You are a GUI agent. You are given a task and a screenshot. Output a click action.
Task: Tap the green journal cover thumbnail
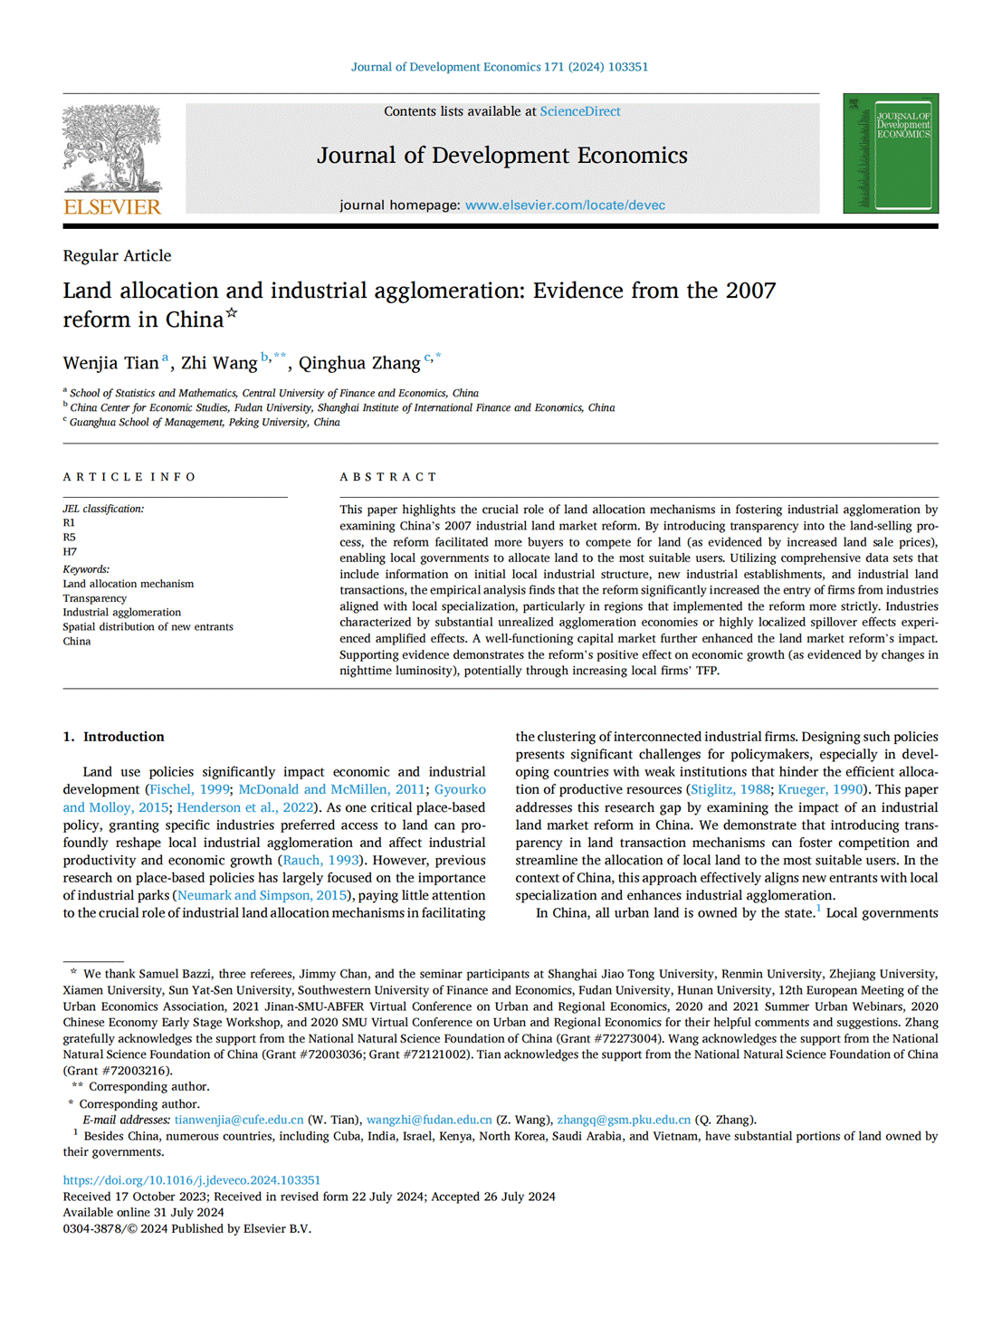(890, 153)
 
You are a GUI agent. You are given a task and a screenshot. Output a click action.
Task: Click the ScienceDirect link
(580, 111)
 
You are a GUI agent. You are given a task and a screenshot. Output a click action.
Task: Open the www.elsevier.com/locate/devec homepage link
(565, 205)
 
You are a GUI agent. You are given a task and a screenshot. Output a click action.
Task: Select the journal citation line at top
(500, 67)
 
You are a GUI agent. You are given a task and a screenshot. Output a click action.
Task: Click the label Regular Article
(117, 256)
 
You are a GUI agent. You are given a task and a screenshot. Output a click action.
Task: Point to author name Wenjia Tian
(110, 363)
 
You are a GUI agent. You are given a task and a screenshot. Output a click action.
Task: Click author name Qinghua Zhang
(359, 363)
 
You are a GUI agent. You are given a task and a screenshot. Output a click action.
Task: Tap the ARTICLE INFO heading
(129, 477)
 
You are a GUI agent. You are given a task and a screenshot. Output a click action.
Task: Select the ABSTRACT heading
(388, 477)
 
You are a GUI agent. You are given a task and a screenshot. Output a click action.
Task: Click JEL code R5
(70, 538)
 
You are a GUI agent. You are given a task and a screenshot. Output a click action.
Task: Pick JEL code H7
(70, 552)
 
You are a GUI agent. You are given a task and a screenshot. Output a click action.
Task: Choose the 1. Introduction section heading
(114, 737)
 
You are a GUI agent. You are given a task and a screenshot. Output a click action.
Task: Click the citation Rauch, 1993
(321, 861)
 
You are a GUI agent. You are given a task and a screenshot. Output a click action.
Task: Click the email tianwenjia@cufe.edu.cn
(239, 1120)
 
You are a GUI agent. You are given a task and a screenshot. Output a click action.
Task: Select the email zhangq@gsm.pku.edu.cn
(624, 1120)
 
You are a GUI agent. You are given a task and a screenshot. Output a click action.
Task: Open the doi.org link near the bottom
(192, 1180)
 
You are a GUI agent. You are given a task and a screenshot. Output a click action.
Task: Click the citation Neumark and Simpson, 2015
(262, 896)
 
